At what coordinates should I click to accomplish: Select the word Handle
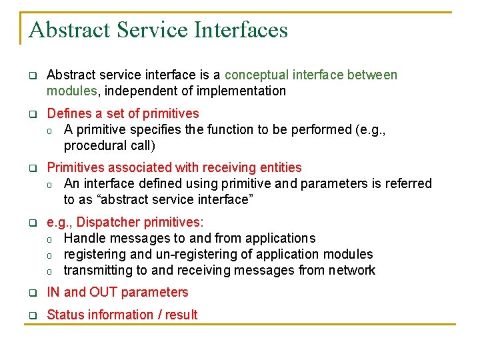[84, 238]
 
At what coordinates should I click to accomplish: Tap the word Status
[65, 315]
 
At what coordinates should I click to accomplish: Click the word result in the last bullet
[181, 315]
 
